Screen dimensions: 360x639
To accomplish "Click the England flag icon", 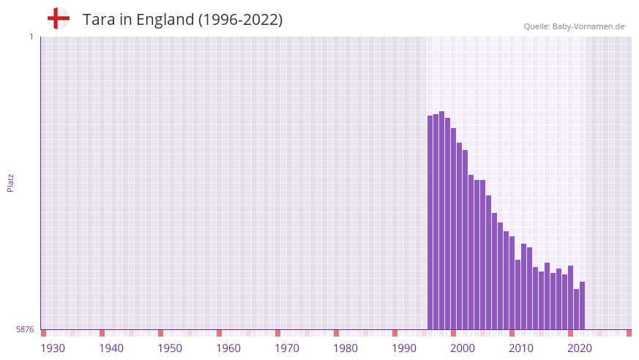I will pos(58,18).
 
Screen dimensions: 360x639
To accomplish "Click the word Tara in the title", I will pos(97,20).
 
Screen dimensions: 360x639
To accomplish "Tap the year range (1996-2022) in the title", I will pos(240,20).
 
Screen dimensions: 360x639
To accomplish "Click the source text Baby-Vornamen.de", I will pos(588,26).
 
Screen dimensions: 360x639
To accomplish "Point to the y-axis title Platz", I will pos(10,182).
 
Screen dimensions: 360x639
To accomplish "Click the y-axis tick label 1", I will pos(31,37).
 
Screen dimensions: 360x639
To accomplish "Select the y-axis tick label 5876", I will pos(25,330).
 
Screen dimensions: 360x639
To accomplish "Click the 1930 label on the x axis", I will pos(53,348).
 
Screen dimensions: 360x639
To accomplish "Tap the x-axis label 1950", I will pos(170,348).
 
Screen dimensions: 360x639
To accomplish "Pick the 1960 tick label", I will pos(228,348).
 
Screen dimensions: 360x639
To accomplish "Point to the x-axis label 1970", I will pos(287,348).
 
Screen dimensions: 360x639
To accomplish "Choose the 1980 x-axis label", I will pos(345,348).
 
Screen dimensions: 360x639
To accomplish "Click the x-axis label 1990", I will pos(404,348).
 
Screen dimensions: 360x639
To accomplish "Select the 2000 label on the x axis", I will pos(463,348).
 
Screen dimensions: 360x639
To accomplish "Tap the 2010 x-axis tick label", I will pos(521,348).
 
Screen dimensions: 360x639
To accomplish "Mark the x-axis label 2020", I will pos(580,348).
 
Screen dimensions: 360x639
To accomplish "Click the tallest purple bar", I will pos(441,220).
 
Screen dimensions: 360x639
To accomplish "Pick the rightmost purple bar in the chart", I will pos(582,306).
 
